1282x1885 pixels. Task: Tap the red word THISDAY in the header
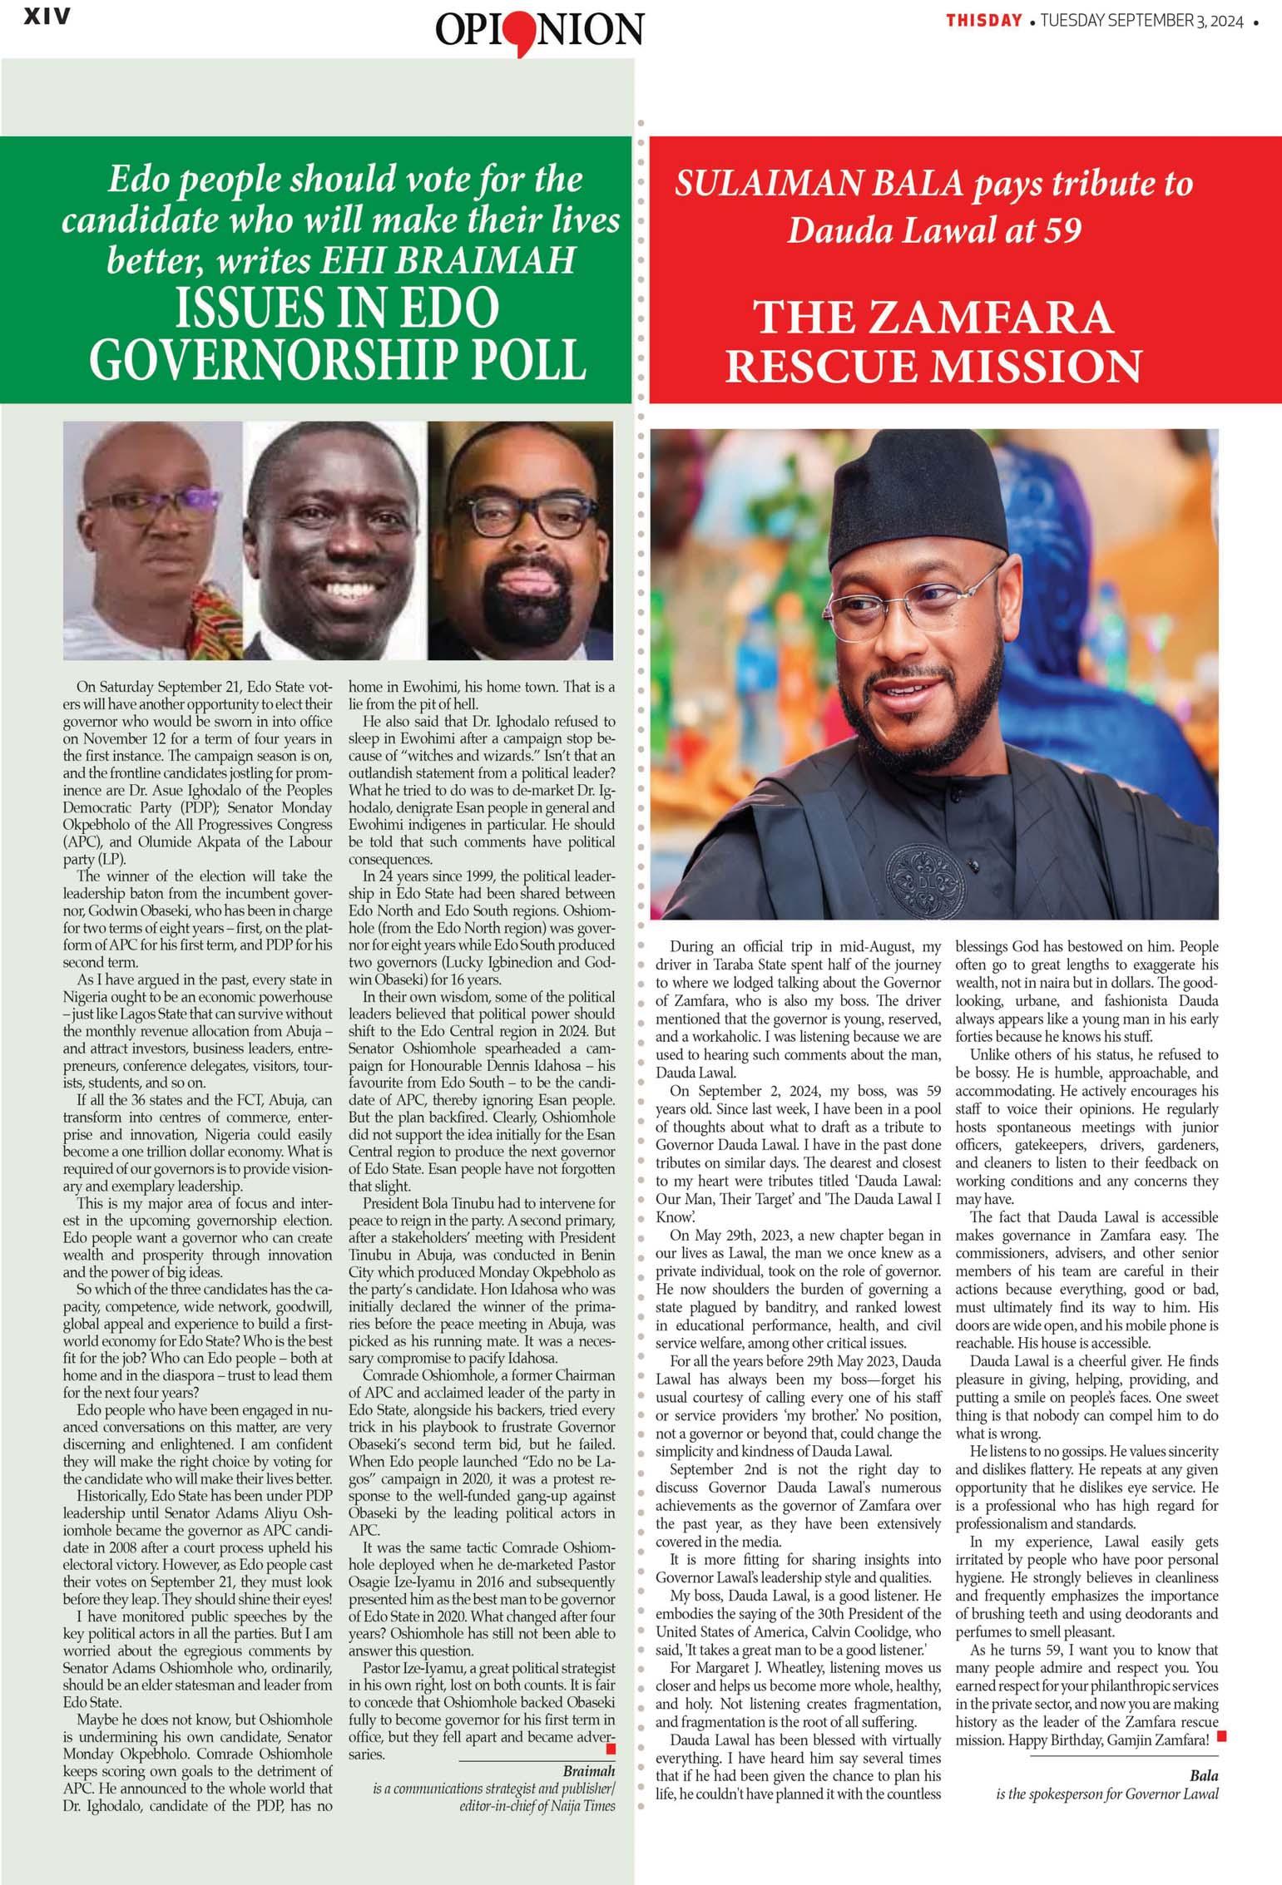click(x=983, y=22)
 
